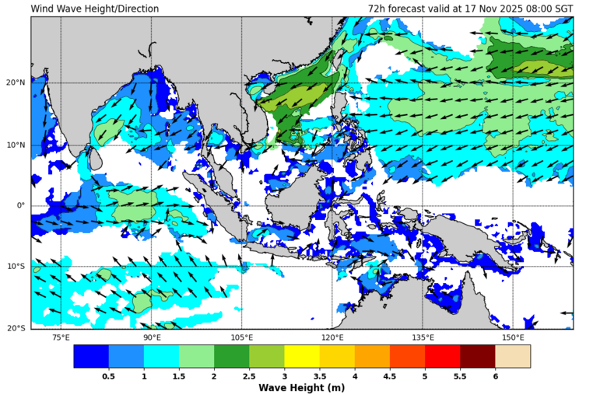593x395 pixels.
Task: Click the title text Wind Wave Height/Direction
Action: (94, 9)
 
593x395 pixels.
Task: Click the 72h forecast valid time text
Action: (471, 9)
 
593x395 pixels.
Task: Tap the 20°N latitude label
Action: (16, 83)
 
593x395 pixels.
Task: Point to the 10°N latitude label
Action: (16, 145)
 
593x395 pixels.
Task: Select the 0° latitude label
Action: (21, 205)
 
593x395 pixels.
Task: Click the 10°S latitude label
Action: (16, 267)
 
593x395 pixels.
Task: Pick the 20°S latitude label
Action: (16, 328)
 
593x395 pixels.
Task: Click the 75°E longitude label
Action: (61, 337)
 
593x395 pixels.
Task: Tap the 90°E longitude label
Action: (152, 337)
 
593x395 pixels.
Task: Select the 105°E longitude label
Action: (242, 337)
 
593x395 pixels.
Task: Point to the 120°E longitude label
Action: (332, 337)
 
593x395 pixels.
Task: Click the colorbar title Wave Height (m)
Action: (302, 387)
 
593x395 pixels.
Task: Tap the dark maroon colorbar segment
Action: (477, 356)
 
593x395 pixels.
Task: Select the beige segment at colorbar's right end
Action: (513, 356)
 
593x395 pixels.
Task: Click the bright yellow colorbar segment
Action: (302, 356)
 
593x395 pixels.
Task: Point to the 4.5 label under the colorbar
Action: (389, 376)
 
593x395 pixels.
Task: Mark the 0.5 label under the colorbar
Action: (109, 376)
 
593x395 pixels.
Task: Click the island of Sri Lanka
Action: (95, 159)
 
